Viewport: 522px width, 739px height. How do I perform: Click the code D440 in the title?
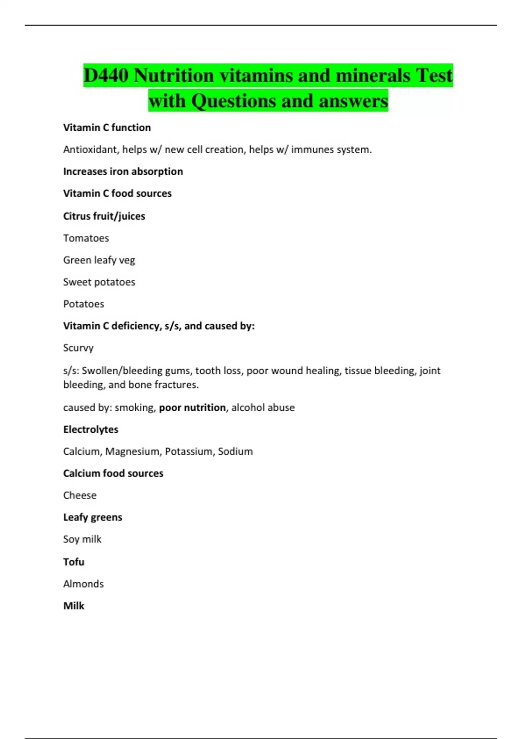coord(106,76)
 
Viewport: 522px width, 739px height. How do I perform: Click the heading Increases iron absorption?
coord(123,171)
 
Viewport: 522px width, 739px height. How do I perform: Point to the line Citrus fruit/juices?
coord(104,216)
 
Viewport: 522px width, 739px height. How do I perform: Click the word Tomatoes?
coord(86,238)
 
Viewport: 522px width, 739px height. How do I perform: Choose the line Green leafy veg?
coord(99,260)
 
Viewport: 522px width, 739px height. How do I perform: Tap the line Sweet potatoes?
coord(99,282)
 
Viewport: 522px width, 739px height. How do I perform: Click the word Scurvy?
coord(78,348)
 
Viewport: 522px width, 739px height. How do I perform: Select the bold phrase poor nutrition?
coord(192,407)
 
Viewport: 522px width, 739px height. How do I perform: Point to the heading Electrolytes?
coord(90,429)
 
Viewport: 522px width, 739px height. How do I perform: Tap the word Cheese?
coord(80,495)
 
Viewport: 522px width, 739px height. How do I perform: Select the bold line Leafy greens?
coord(93,517)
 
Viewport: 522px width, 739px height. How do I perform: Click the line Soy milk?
coord(82,539)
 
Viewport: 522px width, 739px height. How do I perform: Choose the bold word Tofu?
coord(74,562)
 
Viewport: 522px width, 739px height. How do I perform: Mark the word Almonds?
coord(84,584)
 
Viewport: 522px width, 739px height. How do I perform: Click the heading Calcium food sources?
coord(113,473)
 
